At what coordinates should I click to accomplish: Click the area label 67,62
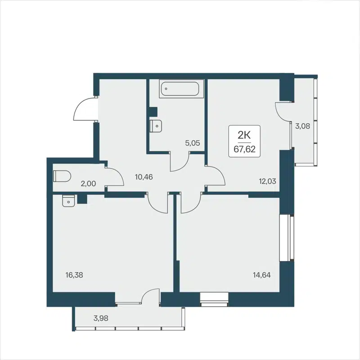pyautogui.click(x=245, y=149)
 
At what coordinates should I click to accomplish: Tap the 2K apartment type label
pyautogui.click(x=245, y=134)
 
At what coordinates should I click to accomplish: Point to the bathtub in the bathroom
pyautogui.click(x=182, y=89)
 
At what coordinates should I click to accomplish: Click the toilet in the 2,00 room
pyautogui.click(x=61, y=175)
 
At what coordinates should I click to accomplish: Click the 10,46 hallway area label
pyautogui.click(x=144, y=177)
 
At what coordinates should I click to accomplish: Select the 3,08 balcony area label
pyautogui.click(x=302, y=126)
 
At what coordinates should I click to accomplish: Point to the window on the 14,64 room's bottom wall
pyautogui.click(x=214, y=299)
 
